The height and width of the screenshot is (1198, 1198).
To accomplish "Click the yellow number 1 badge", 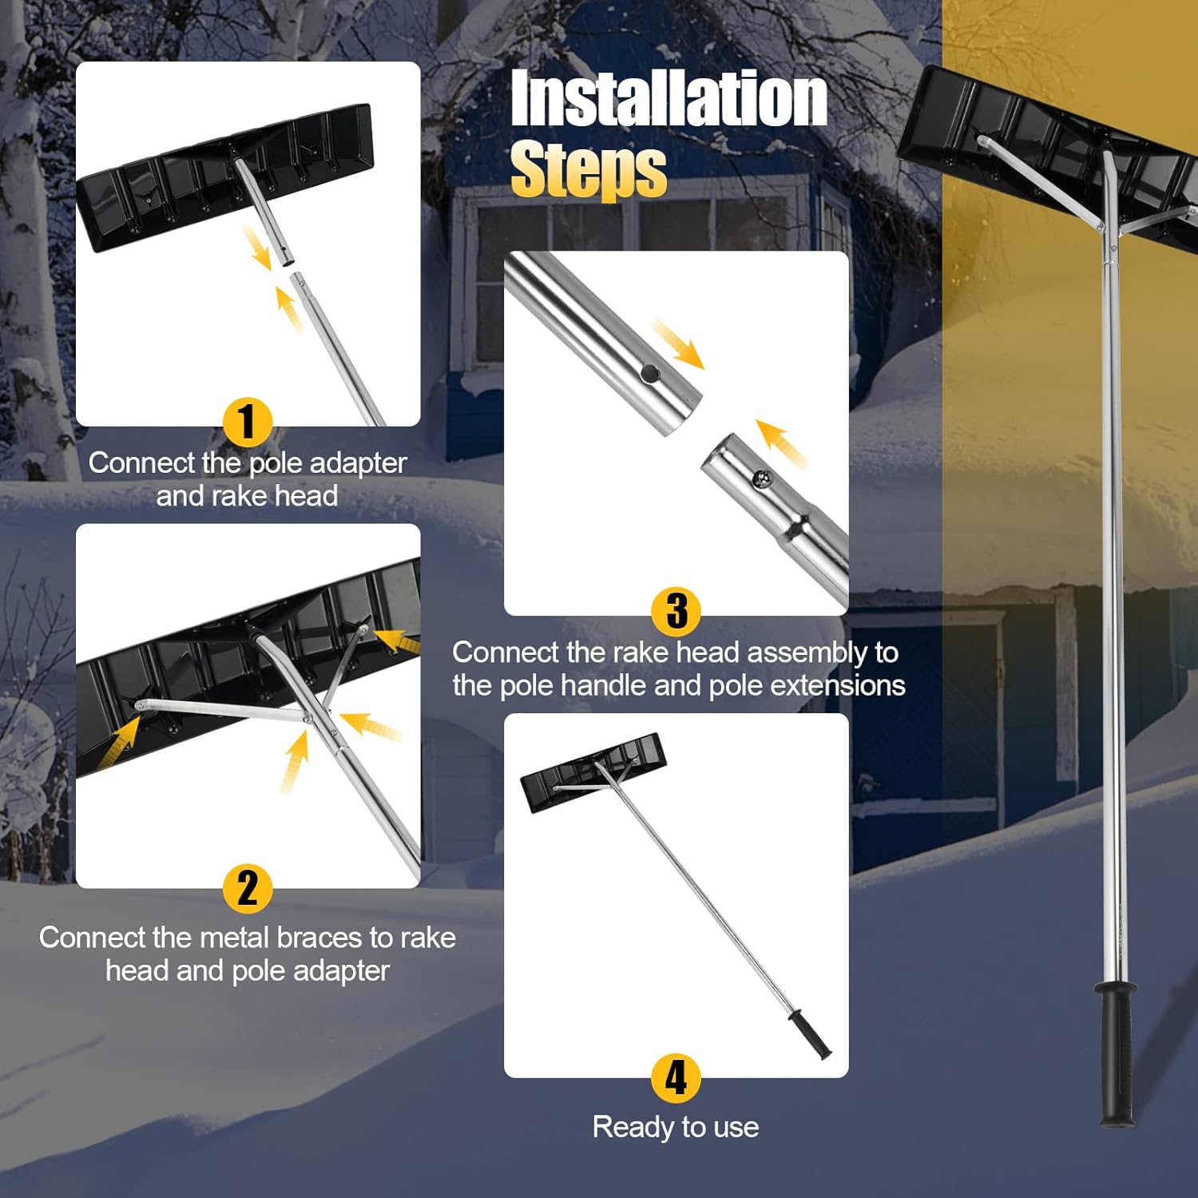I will coord(247,422).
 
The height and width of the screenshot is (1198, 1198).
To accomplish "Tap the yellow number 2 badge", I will coord(247,888).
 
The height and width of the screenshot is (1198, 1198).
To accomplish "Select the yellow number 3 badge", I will coord(676,611).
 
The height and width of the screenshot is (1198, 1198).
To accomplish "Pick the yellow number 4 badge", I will coord(676,1077).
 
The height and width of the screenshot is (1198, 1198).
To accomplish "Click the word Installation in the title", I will coord(668,98).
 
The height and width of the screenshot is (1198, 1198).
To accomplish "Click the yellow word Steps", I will coord(588,170).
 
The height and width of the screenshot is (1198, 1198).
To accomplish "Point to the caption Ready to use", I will coord(676,1127).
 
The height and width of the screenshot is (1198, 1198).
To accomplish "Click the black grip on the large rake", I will coord(1116,1054).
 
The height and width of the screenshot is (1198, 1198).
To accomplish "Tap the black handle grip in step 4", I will coord(810,1034).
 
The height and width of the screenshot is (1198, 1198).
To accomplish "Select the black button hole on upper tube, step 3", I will coord(650,372).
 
